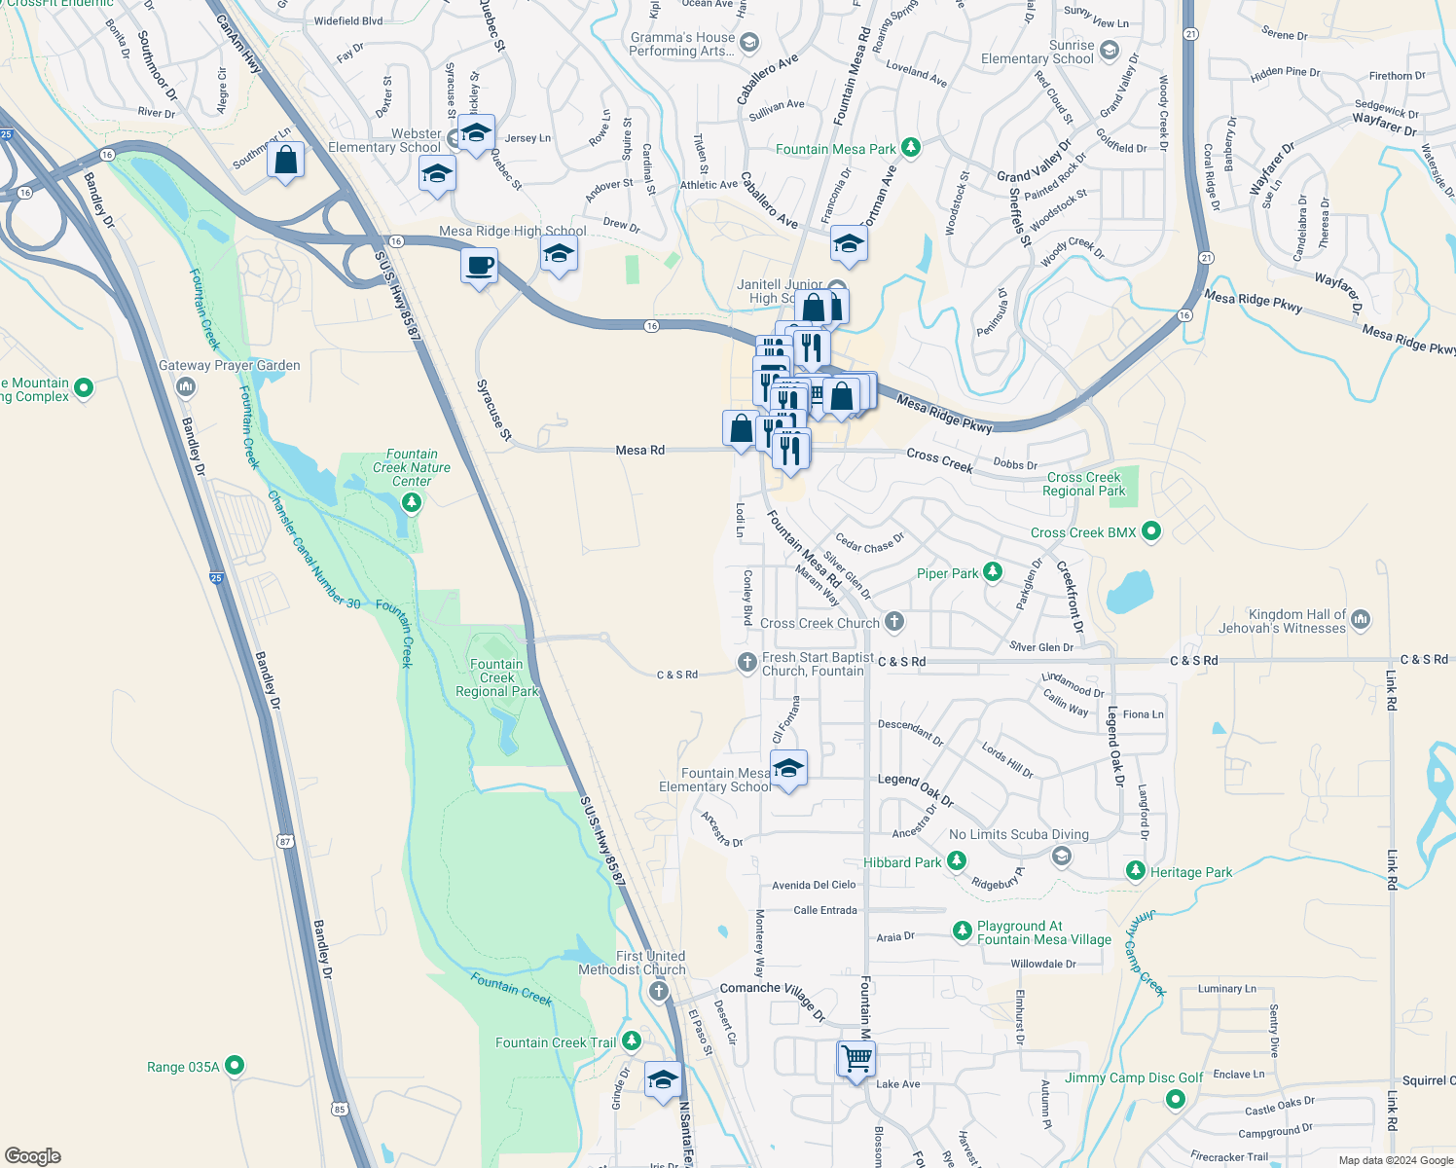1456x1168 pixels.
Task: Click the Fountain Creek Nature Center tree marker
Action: tap(412, 502)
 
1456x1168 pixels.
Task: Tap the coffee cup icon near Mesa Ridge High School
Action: tap(479, 266)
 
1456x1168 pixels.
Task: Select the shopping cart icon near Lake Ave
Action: tap(856, 1058)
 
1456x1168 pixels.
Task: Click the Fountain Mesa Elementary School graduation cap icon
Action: tap(788, 768)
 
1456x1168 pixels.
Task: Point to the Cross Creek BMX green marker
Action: tap(1151, 531)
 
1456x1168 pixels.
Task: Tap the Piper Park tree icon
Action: tap(992, 572)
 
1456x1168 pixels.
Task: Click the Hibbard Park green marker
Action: tap(957, 861)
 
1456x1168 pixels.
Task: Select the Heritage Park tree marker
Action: tap(1136, 871)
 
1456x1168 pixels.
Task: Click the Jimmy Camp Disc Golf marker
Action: tap(1175, 1099)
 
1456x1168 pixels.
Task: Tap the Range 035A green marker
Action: tap(235, 1066)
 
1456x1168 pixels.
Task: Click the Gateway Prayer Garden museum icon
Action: tap(186, 387)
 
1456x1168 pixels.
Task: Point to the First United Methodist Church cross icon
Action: tap(659, 992)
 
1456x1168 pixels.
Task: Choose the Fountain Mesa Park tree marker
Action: tap(910, 148)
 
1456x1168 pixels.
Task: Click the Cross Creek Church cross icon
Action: tap(894, 622)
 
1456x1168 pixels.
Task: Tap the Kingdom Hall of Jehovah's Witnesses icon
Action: tap(1361, 619)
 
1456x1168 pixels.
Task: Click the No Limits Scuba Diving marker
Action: tap(1062, 856)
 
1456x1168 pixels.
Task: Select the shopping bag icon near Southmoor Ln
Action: tap(286, 161)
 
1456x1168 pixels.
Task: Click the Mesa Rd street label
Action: tap(639, 451)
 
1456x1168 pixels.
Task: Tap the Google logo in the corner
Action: tap(33, 1156)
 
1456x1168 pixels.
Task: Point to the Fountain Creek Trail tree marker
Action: tap(632, 1041)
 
